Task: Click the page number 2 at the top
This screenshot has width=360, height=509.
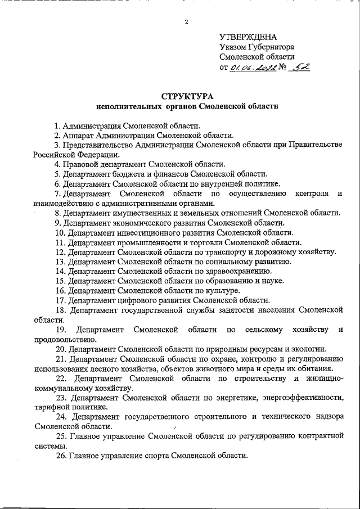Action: click(x=186, y=22)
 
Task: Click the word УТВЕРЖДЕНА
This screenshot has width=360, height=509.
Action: click(x=248, y=36)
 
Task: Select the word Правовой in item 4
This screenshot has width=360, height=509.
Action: click(x=78, y=164)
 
